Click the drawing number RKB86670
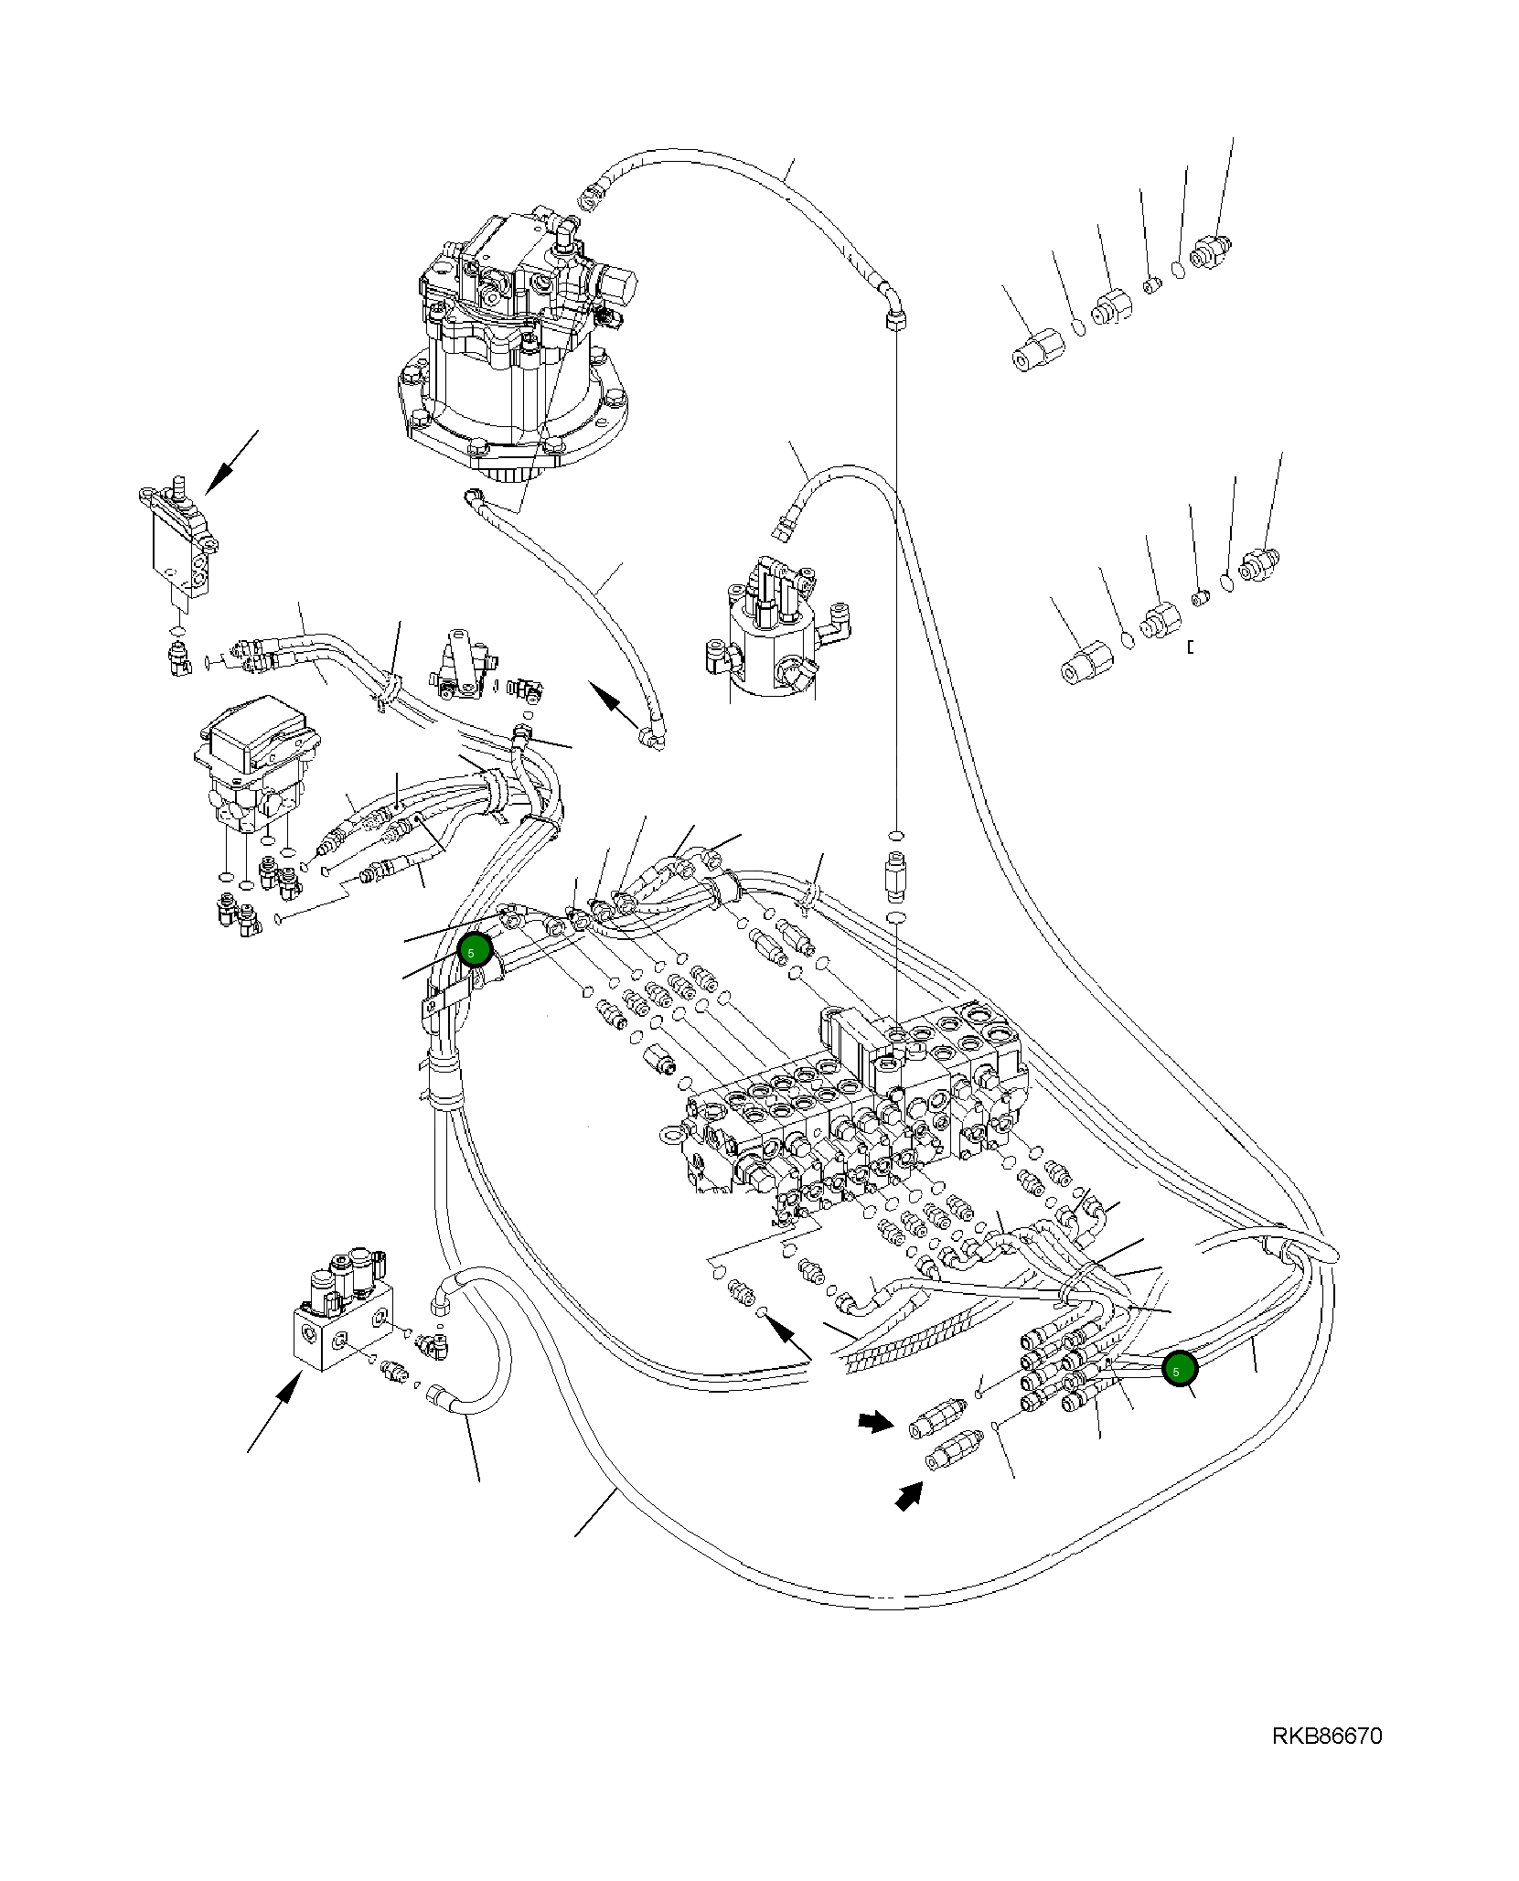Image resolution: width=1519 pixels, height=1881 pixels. [1326, 1736]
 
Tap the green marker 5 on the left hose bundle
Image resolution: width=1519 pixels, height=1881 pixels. [475, 951]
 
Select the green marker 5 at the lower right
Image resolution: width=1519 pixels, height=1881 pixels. [1179, 1369]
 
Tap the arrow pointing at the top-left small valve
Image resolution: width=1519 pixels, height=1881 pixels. [229, 462]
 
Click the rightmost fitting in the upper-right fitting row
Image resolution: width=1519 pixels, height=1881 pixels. [1213, 249]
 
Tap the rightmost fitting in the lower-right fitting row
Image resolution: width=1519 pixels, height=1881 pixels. [1261, 559]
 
